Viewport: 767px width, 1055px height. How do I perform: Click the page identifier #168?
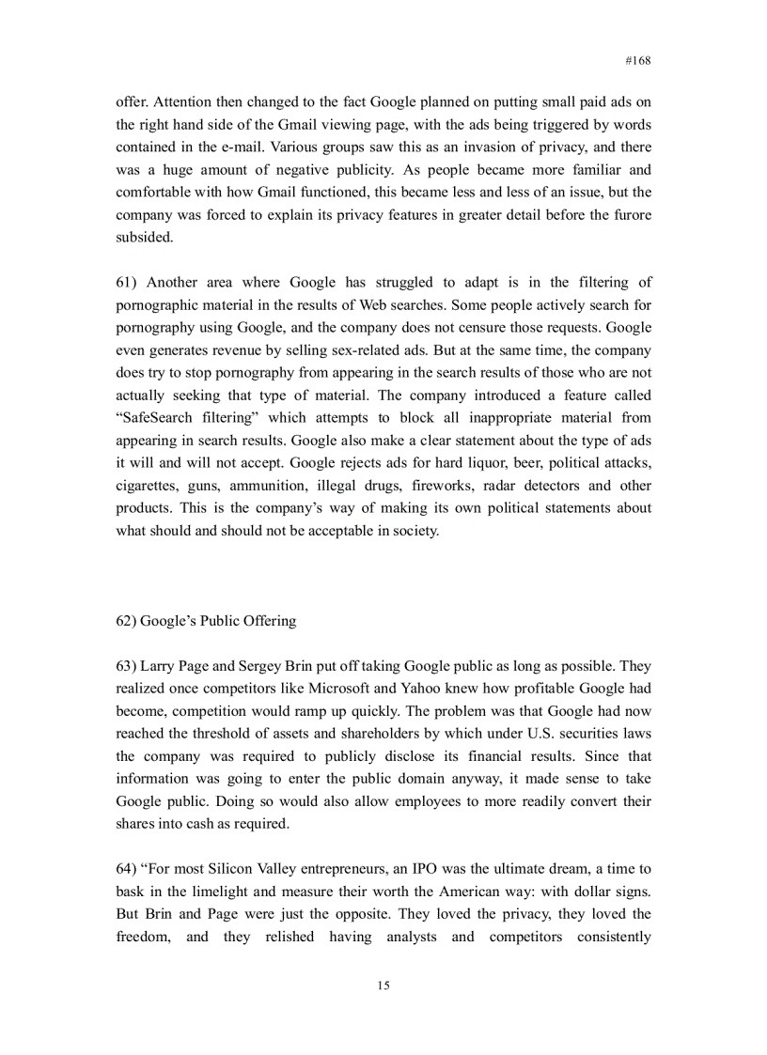pyautogui.click(x=637, y=60)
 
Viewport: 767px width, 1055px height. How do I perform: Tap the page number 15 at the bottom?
pyautogui.click(x=383, y=985)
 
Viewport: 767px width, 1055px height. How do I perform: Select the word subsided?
pyautogui.click(x=144, y=238)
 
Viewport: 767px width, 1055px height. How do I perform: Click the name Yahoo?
pyautogui.click(x=425, y=689)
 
